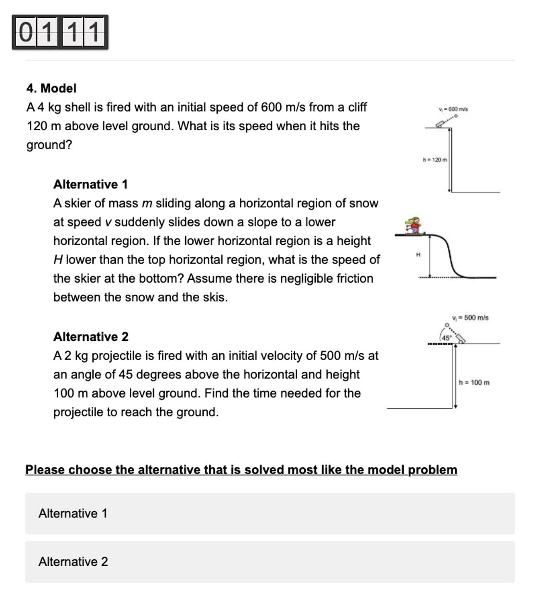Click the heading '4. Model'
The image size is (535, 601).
pyautogui.click(x=51, y=88)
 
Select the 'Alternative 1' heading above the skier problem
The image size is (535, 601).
pyautogui.click(x=90, y=185)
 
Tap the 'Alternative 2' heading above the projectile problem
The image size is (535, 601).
pyautogui.click(x=91, y=337)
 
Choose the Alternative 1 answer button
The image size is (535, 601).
pyautogui.click(x=270, y=513)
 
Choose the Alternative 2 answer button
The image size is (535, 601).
pyautogui.click(x=270, y=562)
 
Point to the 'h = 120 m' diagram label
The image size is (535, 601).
pyautogui.click(x=435, y=160)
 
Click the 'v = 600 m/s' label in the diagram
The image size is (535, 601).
pyautogui.click(x=453, y=109)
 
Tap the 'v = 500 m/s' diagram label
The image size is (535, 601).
pyautogui.click(x=470, y=318)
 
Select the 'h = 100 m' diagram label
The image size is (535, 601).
pyautogui.click(x=474, y=383)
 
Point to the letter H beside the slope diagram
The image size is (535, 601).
pyautogui.click(x=418, y=254)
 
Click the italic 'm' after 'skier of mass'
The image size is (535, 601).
pyautogui.click(x=147, y=204)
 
